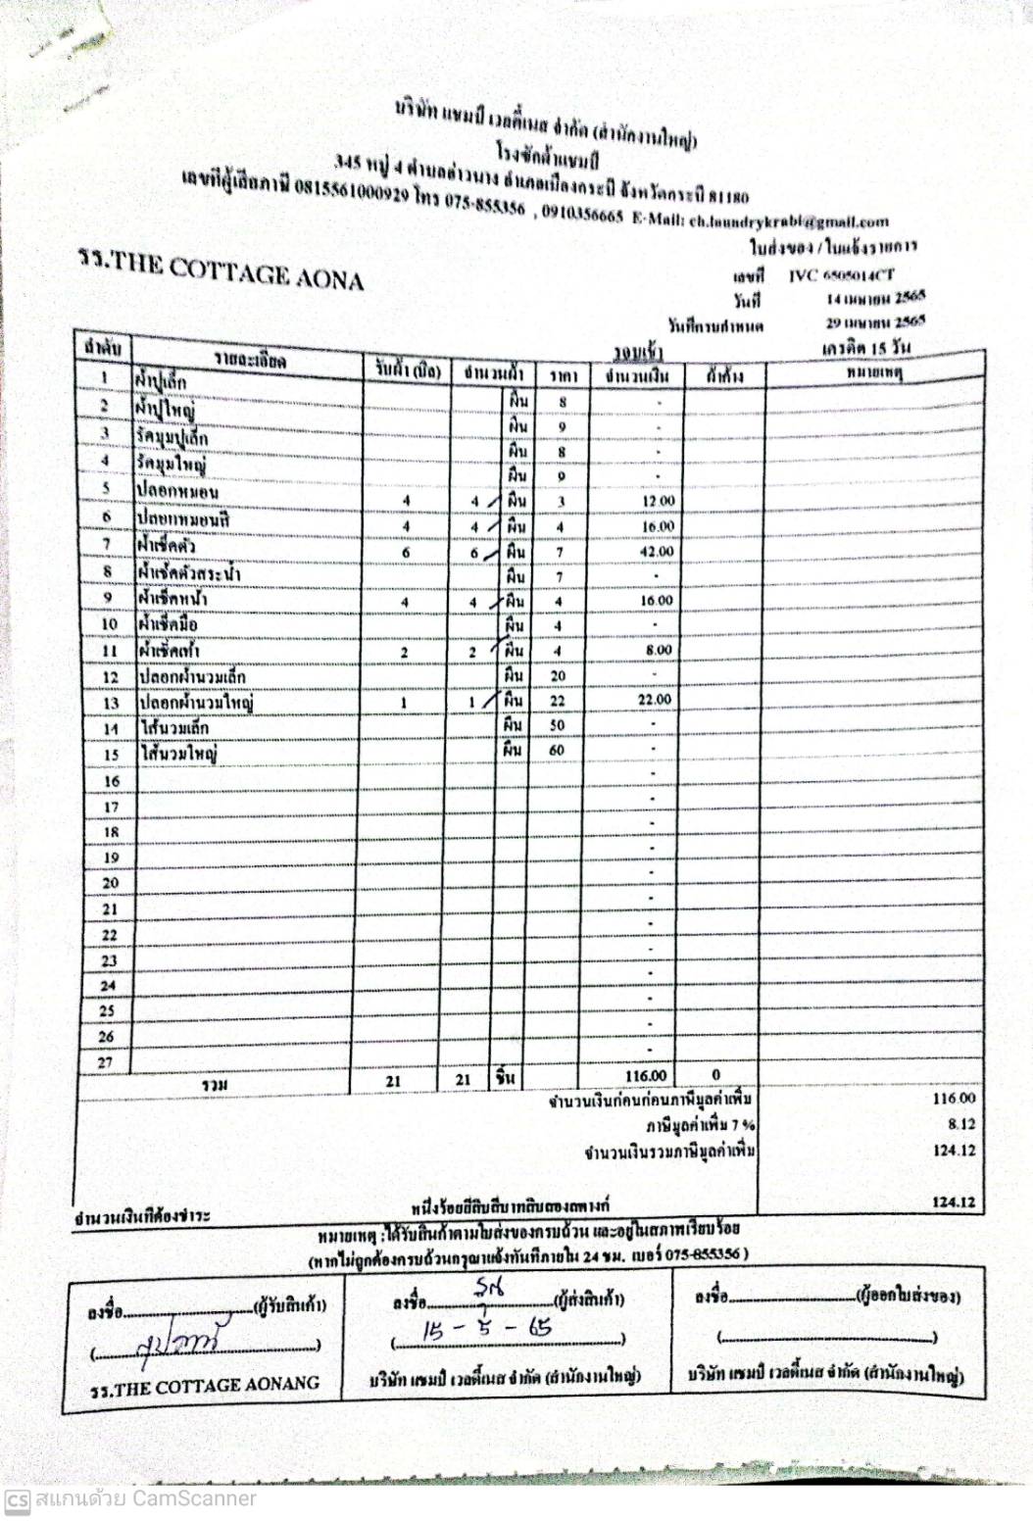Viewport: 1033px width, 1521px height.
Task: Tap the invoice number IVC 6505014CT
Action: [841, 275]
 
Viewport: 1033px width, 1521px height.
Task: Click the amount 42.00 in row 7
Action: [657, 552]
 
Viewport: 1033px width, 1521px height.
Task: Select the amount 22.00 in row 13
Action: [654, 700]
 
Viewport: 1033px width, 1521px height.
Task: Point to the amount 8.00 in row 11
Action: [659, 650]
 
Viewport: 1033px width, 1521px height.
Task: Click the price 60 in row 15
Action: [557, 751]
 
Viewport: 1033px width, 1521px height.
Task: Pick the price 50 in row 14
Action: [557, 725]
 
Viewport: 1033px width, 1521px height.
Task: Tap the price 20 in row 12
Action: [558, 675]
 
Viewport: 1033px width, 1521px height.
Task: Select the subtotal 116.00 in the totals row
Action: [645, 1076]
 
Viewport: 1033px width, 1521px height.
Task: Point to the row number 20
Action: [110, 883]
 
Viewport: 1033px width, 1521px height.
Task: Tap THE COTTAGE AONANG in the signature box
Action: [205, 1386]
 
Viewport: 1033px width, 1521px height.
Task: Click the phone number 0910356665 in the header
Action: [582, 215]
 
